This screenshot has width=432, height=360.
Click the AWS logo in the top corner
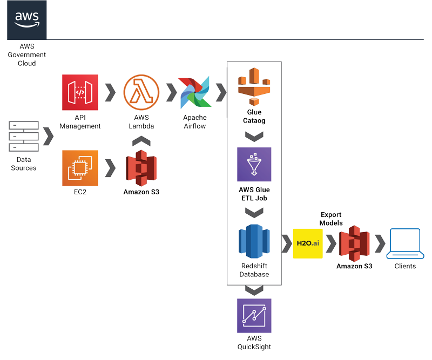pos(26,20)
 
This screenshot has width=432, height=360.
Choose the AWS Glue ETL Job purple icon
pos(254,164)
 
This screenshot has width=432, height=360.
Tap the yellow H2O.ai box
pos(308,243)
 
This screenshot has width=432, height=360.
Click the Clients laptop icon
pos(404,243)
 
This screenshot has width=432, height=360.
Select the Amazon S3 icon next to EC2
pos(141,167)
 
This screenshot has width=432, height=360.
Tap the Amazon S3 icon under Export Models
pos(354,243)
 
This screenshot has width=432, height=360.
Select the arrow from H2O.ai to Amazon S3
pos(330,243)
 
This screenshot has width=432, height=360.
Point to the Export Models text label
pos(331,219)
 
